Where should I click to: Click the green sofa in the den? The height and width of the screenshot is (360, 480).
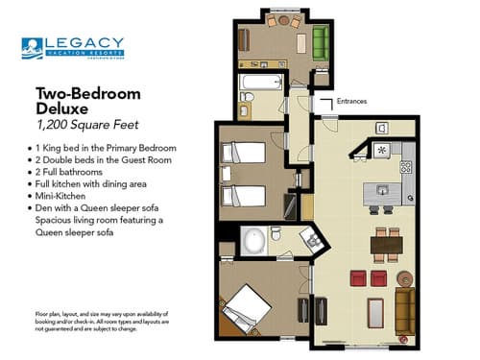pyautogui.click(x=321, y=43)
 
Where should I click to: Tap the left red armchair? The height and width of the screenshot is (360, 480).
pyautogui.click(x=357, y=278)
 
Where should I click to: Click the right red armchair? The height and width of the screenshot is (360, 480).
pyautogui.click(x=379, y=278)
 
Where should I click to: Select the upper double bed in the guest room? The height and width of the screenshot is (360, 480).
pyautogui.click(x=246, y=153)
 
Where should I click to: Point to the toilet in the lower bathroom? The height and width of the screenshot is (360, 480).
pyautogui.click(x=276, y=233)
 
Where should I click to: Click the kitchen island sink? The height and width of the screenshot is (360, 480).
pyautogui.click(x=380, y=191)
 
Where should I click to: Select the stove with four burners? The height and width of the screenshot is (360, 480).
pyautogui.click(x=405, y=166)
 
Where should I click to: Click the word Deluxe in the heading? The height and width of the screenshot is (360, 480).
pyautogui.click(x=62, y=108)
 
